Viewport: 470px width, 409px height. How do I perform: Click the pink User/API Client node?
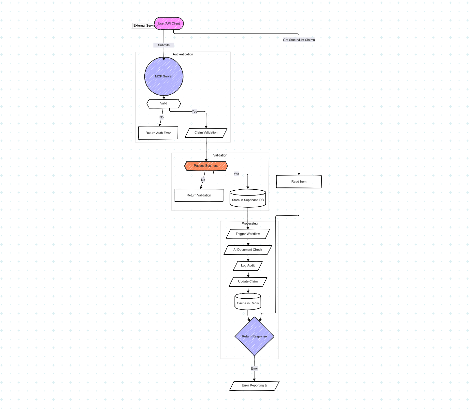point(169,23)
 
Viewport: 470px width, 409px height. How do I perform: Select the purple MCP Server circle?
point(164,76)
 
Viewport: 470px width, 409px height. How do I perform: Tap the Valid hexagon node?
point(164,103)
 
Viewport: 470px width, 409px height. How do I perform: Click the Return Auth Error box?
point(158,133)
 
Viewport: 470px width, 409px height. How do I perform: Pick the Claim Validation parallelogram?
point(206,133)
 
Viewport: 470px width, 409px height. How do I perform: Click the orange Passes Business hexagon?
point(206,166)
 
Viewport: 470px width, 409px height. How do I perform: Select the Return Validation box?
point(199,195)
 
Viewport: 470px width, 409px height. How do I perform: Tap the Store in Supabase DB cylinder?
point(248,199)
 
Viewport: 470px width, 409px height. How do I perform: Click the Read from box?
point(299,182)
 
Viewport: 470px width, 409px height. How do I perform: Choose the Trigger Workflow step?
point(248,234)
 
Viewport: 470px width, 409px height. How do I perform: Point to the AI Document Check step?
point(248,250)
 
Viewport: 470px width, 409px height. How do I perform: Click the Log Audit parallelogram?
point(248,266)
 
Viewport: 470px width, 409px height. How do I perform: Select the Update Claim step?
point(248,282)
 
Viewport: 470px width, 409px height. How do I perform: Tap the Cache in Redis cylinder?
point(248,302)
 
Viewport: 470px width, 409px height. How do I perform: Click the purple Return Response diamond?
point(254,336)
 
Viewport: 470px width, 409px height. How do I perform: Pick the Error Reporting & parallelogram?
point(254,386)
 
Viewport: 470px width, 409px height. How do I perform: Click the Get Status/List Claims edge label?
point(299,40)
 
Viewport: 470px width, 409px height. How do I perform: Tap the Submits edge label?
point(164,45)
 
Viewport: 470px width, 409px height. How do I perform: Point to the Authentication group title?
point(183,54)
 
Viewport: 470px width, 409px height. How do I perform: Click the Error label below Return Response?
point(254,369)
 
